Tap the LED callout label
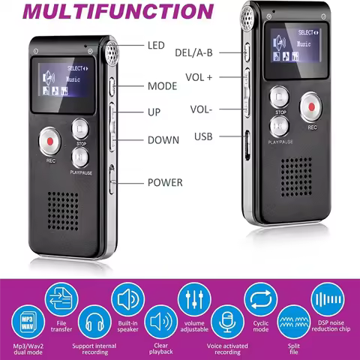[157, 46]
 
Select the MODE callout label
[162, 85]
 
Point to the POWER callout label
[165, 181]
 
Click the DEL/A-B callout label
[194, 52]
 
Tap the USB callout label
[207, 136]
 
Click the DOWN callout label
[163, 139]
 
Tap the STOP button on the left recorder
[80, 128]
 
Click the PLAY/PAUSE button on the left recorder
[80, 155]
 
